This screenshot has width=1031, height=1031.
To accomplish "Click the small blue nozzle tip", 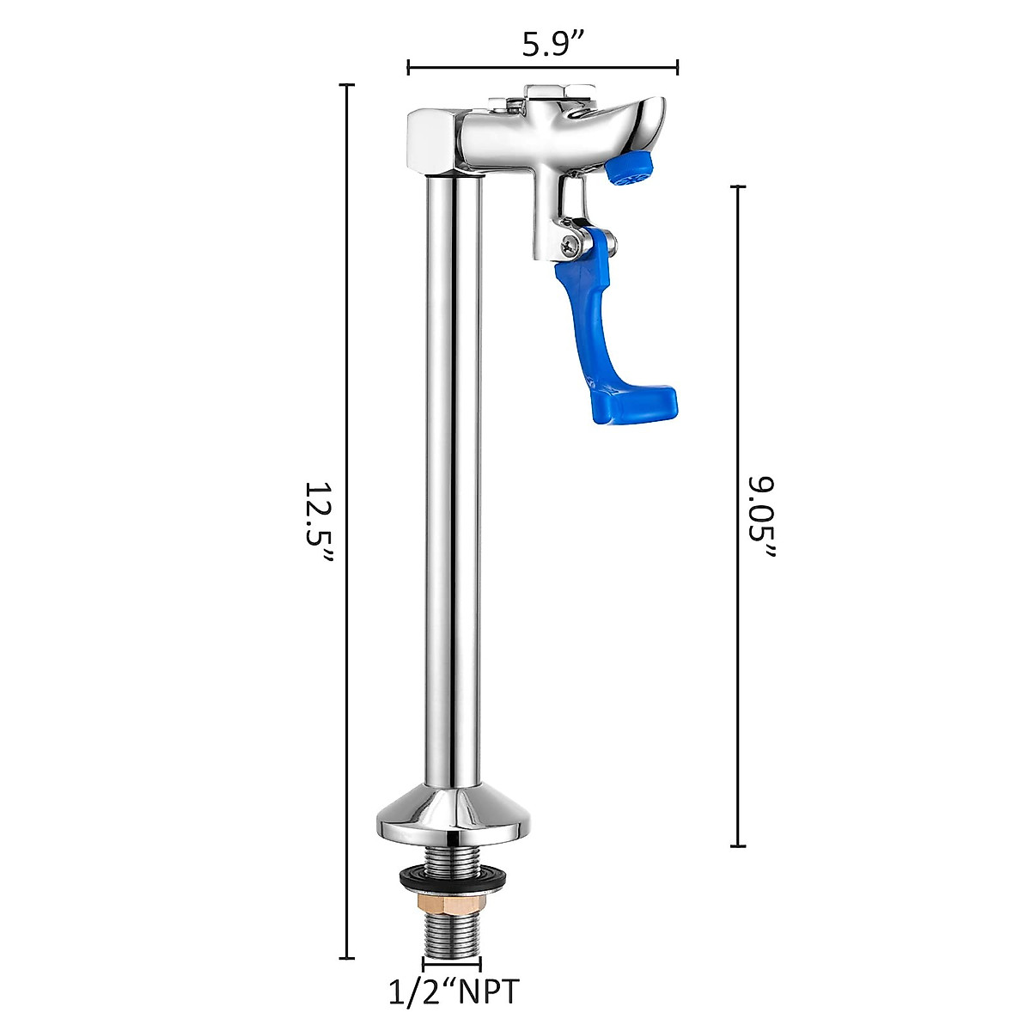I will coord(631,168).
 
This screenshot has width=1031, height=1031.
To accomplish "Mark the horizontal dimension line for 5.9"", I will coord(543,67).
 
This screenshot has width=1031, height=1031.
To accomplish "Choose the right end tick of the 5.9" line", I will coord(679,67).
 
